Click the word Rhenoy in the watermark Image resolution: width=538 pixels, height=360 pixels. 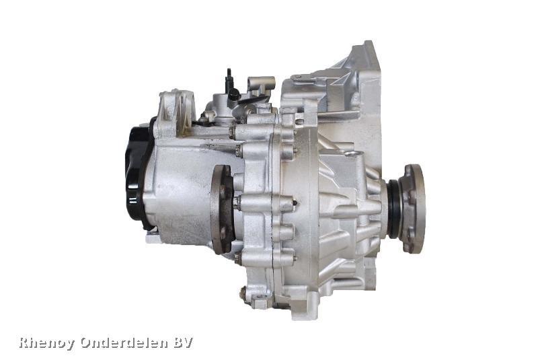coord(46,343)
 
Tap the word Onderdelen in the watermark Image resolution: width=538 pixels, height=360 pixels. coord(124,343)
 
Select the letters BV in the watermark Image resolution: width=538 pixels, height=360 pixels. coord(183,343)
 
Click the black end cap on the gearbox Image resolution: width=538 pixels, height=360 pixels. coord(138,174)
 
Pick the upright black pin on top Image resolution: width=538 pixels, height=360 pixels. coord(229,82)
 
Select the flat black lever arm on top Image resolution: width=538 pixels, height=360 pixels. coord(252,100)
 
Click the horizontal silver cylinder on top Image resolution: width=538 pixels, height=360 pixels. coord(262,82)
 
